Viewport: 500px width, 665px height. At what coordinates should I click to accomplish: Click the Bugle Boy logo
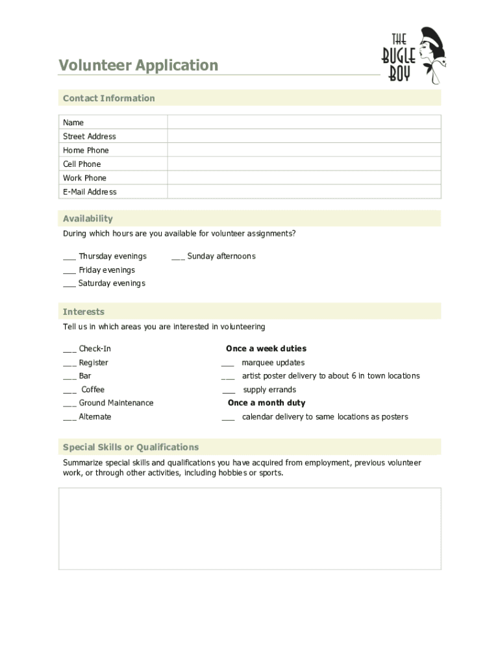coord(414,56)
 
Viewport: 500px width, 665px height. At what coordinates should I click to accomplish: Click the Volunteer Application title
coord(138,66)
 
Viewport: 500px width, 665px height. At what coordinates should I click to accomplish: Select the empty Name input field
coord(304,122)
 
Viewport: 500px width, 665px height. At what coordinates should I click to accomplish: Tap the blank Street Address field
coord(304,136)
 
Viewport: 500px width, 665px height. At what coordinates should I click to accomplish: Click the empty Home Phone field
coord(304,150)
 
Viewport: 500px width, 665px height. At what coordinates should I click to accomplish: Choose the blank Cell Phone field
coord(304,164)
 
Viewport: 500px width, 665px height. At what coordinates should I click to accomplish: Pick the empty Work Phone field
coord(304,178)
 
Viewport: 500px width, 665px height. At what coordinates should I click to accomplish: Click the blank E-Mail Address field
coord(304,192)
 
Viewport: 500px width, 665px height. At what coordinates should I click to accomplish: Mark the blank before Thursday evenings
coord(69,258)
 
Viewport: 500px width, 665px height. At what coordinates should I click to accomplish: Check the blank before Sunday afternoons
coord(178,258)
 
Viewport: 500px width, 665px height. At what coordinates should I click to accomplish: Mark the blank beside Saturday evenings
coord(69,285)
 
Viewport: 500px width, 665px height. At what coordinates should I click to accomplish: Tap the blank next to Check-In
coord(69,351)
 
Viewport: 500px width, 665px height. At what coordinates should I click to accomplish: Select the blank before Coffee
coord(69,392)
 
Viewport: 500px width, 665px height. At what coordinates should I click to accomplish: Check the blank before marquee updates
coord(228,364)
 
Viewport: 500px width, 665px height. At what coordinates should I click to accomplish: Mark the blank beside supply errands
coord(229,392)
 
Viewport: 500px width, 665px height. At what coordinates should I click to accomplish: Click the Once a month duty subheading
coord(266,403)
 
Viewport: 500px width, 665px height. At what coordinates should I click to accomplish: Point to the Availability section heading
coord(88,219)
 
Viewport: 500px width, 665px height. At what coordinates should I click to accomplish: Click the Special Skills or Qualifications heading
coord(131,447)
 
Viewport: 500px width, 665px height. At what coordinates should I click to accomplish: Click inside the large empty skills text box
coord(249,529)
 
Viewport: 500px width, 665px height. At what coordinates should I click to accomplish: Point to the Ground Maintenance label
coord(116,403)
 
